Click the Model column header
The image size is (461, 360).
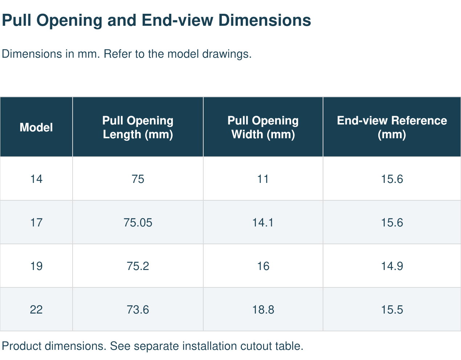tap(36, 127)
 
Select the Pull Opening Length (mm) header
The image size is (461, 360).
tap(138, 127)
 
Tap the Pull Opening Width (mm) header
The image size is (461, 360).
tap(263, 127)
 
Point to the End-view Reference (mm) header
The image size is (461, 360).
tap(392, 127)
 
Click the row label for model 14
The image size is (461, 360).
tap(36, 179)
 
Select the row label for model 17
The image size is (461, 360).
tap(36, 222)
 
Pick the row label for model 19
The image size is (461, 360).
tap(36, 266)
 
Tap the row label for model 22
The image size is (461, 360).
tap(36, 310)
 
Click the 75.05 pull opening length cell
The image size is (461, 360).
tap(138, 222)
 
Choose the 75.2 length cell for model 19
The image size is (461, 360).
tap(138, 266)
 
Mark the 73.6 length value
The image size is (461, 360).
tap(138, 310)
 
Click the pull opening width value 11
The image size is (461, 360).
tap(263, 179)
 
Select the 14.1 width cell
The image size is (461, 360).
tap(263, 222)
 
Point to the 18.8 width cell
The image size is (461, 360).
tap(263, 310)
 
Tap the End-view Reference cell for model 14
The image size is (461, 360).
tap(392, 179)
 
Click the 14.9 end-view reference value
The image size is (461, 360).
tap(392, 266)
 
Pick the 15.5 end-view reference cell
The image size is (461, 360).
tap(392, 310)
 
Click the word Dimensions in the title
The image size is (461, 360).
tap(265, 20)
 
